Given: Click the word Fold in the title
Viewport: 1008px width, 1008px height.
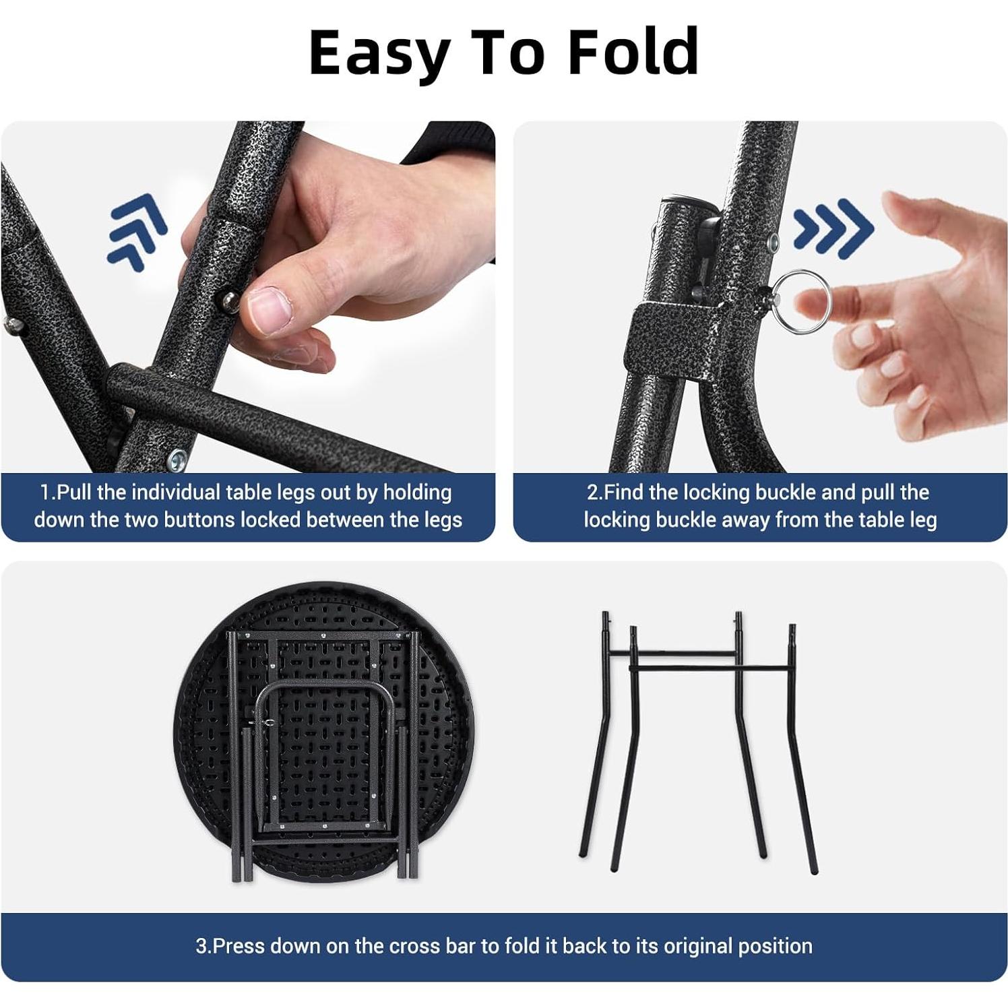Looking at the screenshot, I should tap(633, 53).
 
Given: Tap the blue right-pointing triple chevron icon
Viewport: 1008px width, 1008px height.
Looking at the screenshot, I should tap(833, 227).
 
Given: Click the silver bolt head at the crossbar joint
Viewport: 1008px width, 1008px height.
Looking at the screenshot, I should tap(179, 460).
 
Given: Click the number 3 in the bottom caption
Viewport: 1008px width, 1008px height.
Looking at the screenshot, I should tap(201, 946).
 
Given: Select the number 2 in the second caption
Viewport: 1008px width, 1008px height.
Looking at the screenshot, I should tap(592, 493).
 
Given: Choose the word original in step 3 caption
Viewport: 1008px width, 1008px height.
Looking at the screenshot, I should tap(698, 946).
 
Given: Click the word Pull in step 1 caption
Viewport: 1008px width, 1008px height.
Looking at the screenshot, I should tap(74, 493).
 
